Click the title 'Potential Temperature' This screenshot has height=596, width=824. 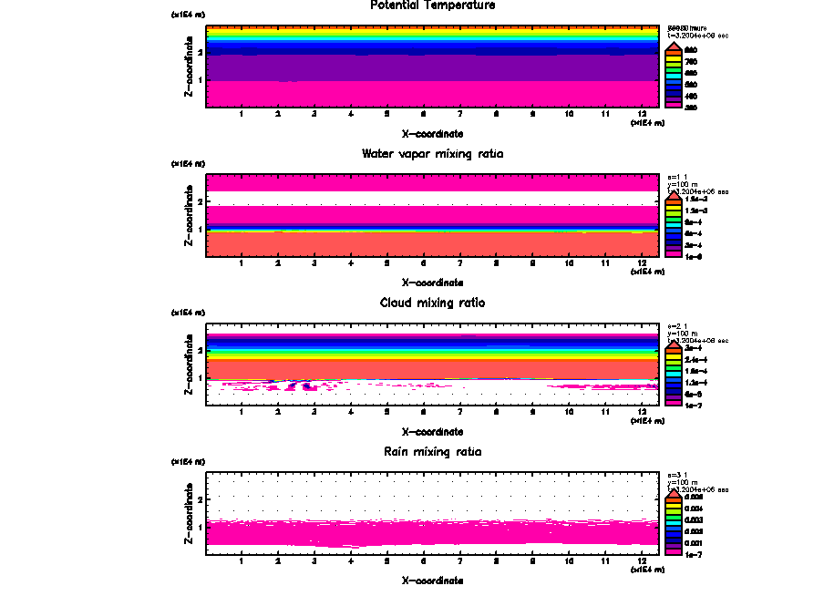click(x=433, y=5)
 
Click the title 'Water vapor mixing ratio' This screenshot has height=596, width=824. click(x=433, y=154)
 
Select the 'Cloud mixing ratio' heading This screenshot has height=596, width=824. click(x=433, y=303)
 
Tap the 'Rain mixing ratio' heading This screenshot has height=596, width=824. click(x=433, y=452)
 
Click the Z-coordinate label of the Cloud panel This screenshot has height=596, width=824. click(x=189, y=365)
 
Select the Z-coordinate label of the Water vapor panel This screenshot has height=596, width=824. click(x=189, y=216)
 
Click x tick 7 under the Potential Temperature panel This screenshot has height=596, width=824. click(x=459, y=115)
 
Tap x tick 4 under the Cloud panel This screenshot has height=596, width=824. click(x=351, y=412)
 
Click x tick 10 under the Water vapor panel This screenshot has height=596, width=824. click(x=569, y=263)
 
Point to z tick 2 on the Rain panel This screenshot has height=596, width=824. click(x=199, y=499)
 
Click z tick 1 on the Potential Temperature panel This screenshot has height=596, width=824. click(x=199, y=80)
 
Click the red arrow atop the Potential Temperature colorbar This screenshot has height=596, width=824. click(x=673, y=47)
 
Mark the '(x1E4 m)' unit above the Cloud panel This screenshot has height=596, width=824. click(x=188, y=313)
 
